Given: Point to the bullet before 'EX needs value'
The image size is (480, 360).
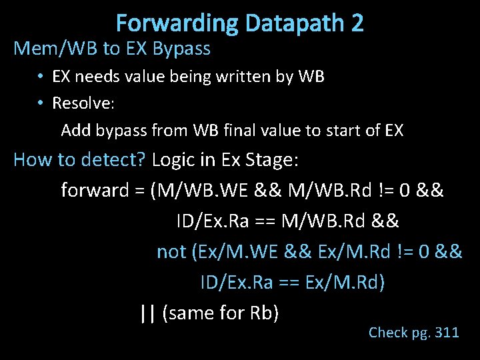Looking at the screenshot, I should (41, 77).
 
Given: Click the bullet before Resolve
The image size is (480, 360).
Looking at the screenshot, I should (41, 103).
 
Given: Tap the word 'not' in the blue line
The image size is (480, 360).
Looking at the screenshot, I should (171, 251).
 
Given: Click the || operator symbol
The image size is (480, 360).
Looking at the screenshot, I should (147, 312).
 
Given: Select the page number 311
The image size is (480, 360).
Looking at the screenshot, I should (446, 332).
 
